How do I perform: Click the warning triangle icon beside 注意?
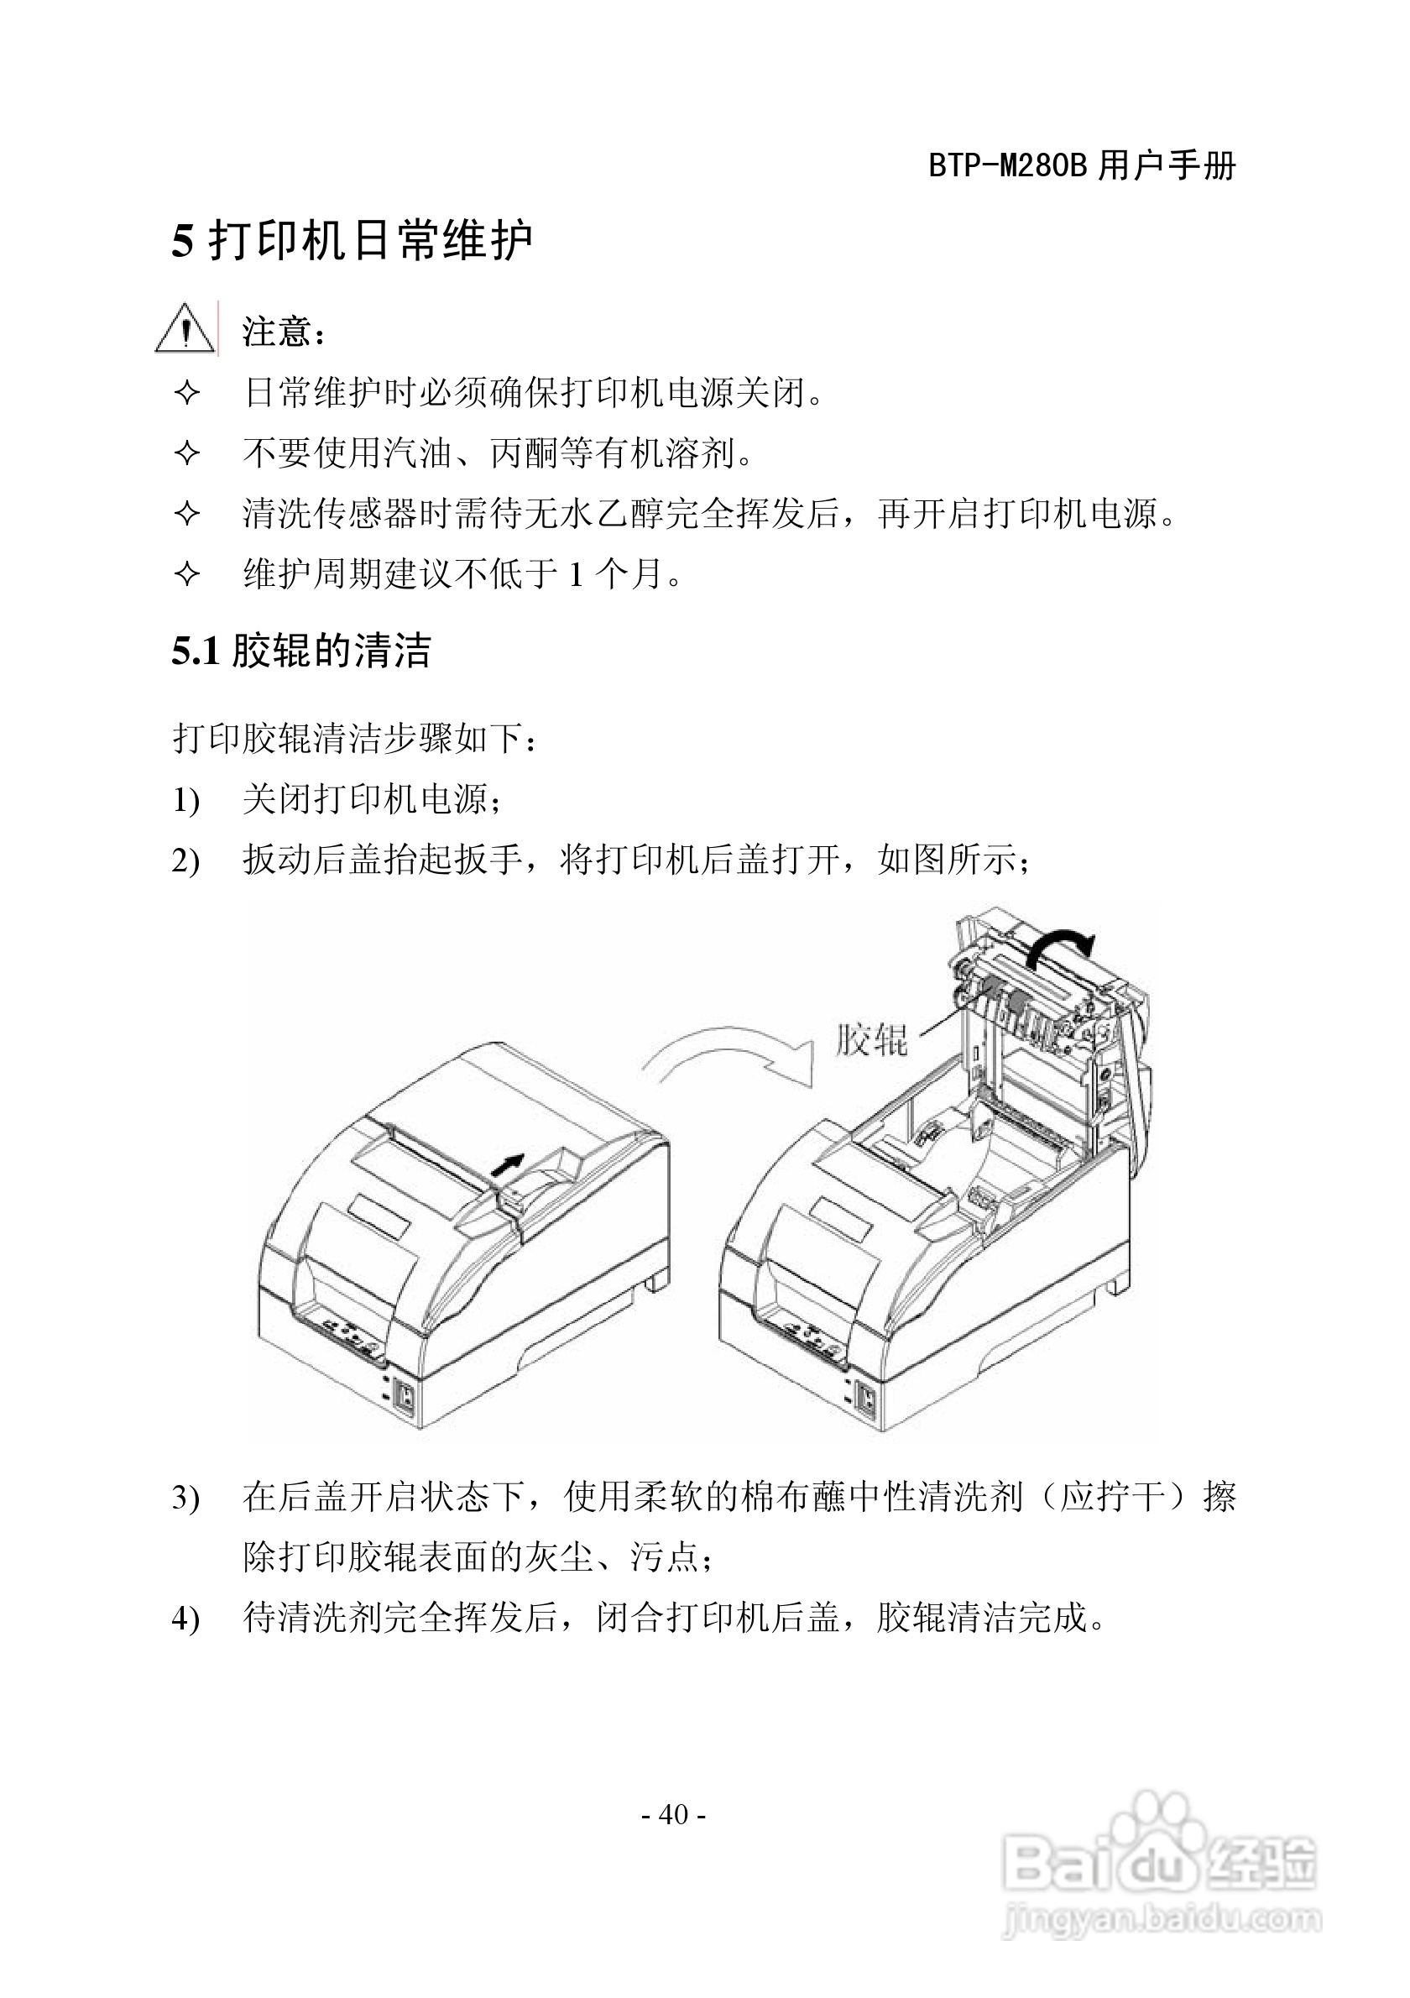[185, 329]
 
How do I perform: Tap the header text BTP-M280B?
[1007, 165]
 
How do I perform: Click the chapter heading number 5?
[182, 240]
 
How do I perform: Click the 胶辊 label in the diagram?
[870, 1039]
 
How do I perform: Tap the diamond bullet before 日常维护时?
[187, 394]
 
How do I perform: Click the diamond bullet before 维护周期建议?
[187, 573]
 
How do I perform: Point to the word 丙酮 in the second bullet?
[524, 453]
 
